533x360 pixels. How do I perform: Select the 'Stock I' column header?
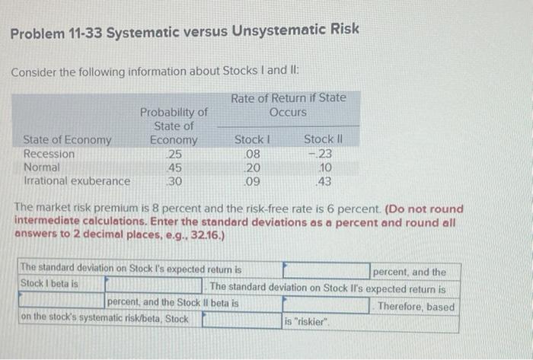(252, 140)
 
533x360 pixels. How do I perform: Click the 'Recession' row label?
(49, 154)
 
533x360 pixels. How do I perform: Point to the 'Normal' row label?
(43, 167)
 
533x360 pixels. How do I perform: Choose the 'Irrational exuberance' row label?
(77, 181)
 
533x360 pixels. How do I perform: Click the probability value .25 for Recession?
(175, 154)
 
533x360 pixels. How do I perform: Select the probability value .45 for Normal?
(175, 167)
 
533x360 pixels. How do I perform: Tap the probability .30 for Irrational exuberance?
(175, 181)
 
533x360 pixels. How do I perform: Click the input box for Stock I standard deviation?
(325, 270)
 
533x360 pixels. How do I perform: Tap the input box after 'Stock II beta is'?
(305, 305)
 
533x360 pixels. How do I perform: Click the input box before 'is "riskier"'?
(241, 321)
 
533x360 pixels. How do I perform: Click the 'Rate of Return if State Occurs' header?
(288, 105)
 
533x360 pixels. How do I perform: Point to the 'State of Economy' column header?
(68, 140)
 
